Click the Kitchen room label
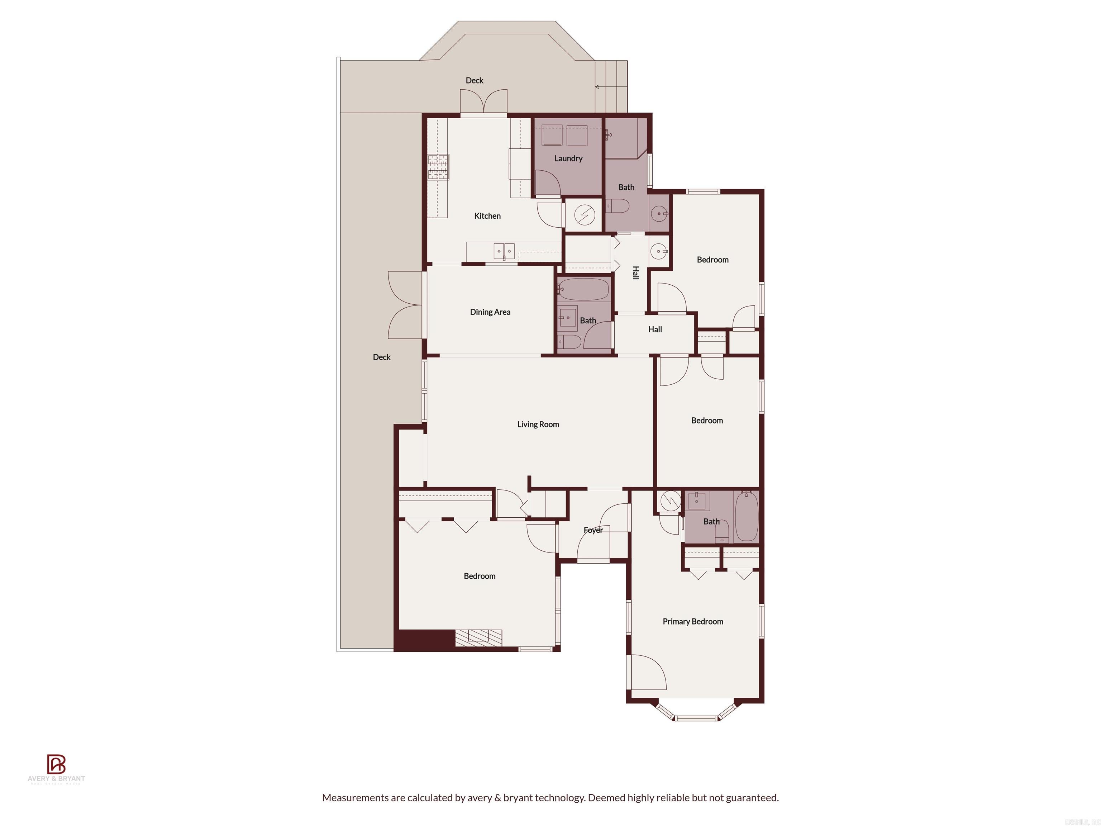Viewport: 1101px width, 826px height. coord(487,215)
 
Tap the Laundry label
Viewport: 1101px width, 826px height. coord(568,158)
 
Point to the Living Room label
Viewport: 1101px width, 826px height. coord(538,424)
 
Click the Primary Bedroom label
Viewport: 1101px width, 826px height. coord(692,621)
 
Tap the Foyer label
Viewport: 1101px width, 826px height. coord(593,530)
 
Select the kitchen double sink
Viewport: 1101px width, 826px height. coord(504,251)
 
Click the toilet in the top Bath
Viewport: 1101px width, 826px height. coord(617,206)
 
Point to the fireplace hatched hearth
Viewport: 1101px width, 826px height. coord(478,638)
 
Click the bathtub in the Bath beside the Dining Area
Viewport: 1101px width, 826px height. coord(584,289)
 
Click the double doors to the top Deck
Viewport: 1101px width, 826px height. coord(483,102)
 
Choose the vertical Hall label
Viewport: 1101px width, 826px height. coord(635,273)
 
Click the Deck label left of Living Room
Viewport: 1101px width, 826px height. coord(381,357)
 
